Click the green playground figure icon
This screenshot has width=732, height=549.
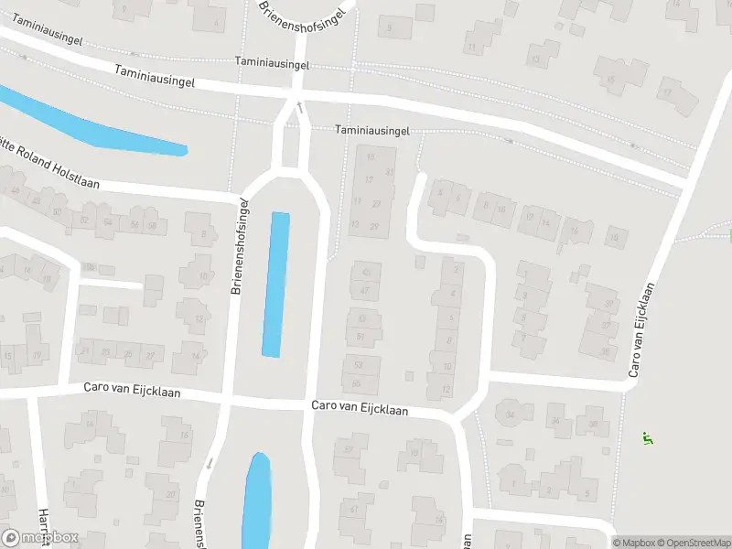(648, 438)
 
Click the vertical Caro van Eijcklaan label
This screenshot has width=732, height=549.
(644, 329)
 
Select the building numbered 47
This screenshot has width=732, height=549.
(365, 290)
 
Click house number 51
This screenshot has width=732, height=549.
(361, 336)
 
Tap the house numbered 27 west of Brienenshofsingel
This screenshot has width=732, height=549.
(151, 354)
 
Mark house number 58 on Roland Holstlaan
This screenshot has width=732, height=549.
(152, 225)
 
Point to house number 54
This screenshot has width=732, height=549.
(109, 221)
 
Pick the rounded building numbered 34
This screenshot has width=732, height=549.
(511, 414)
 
